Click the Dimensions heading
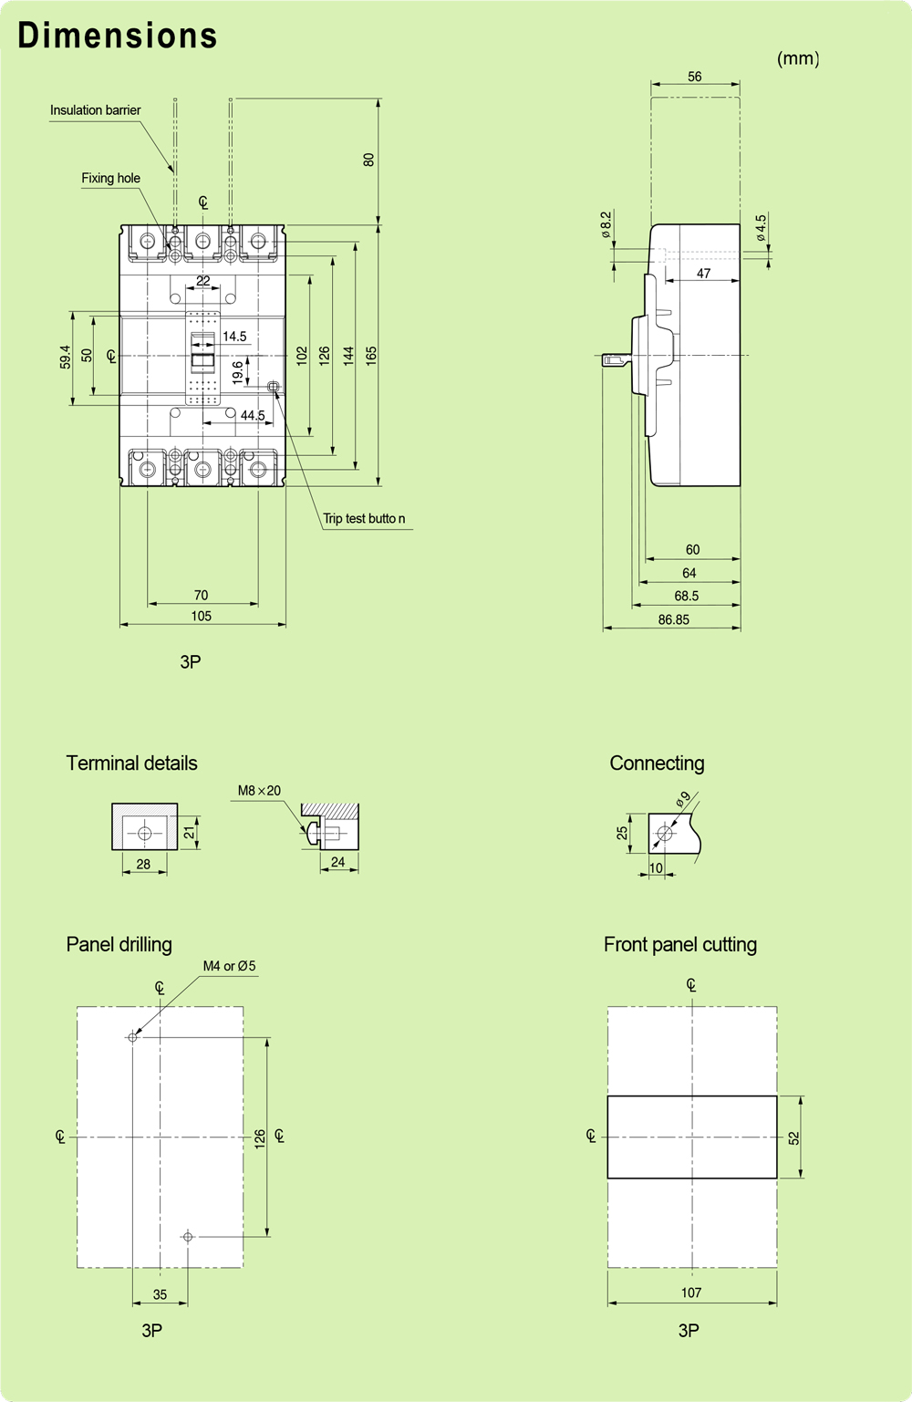tap(118, 36)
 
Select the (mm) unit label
tap(797, 58)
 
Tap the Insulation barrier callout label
tap(95, 110)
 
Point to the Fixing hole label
tap(110, 178)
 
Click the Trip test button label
tap(364, 518)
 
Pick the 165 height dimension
tap(371, 356)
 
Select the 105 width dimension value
tap(201, 616)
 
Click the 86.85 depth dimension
tap(673, 619)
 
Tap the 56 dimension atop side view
tap(694, 77)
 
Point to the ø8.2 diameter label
tap(606, 224)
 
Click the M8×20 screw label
tap(259, 791)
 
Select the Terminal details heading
tap(131, 763)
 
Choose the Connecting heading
tap(657, 763)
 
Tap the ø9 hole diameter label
tap(683, 800)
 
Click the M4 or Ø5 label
tap(229, 966)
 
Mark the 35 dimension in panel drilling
tap(160, 1294)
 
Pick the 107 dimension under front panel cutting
tap(691, 1293)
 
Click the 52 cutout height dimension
tap(793, 1137)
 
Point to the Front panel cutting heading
tap(679, 945)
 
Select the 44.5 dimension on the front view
tap(253, 415)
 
